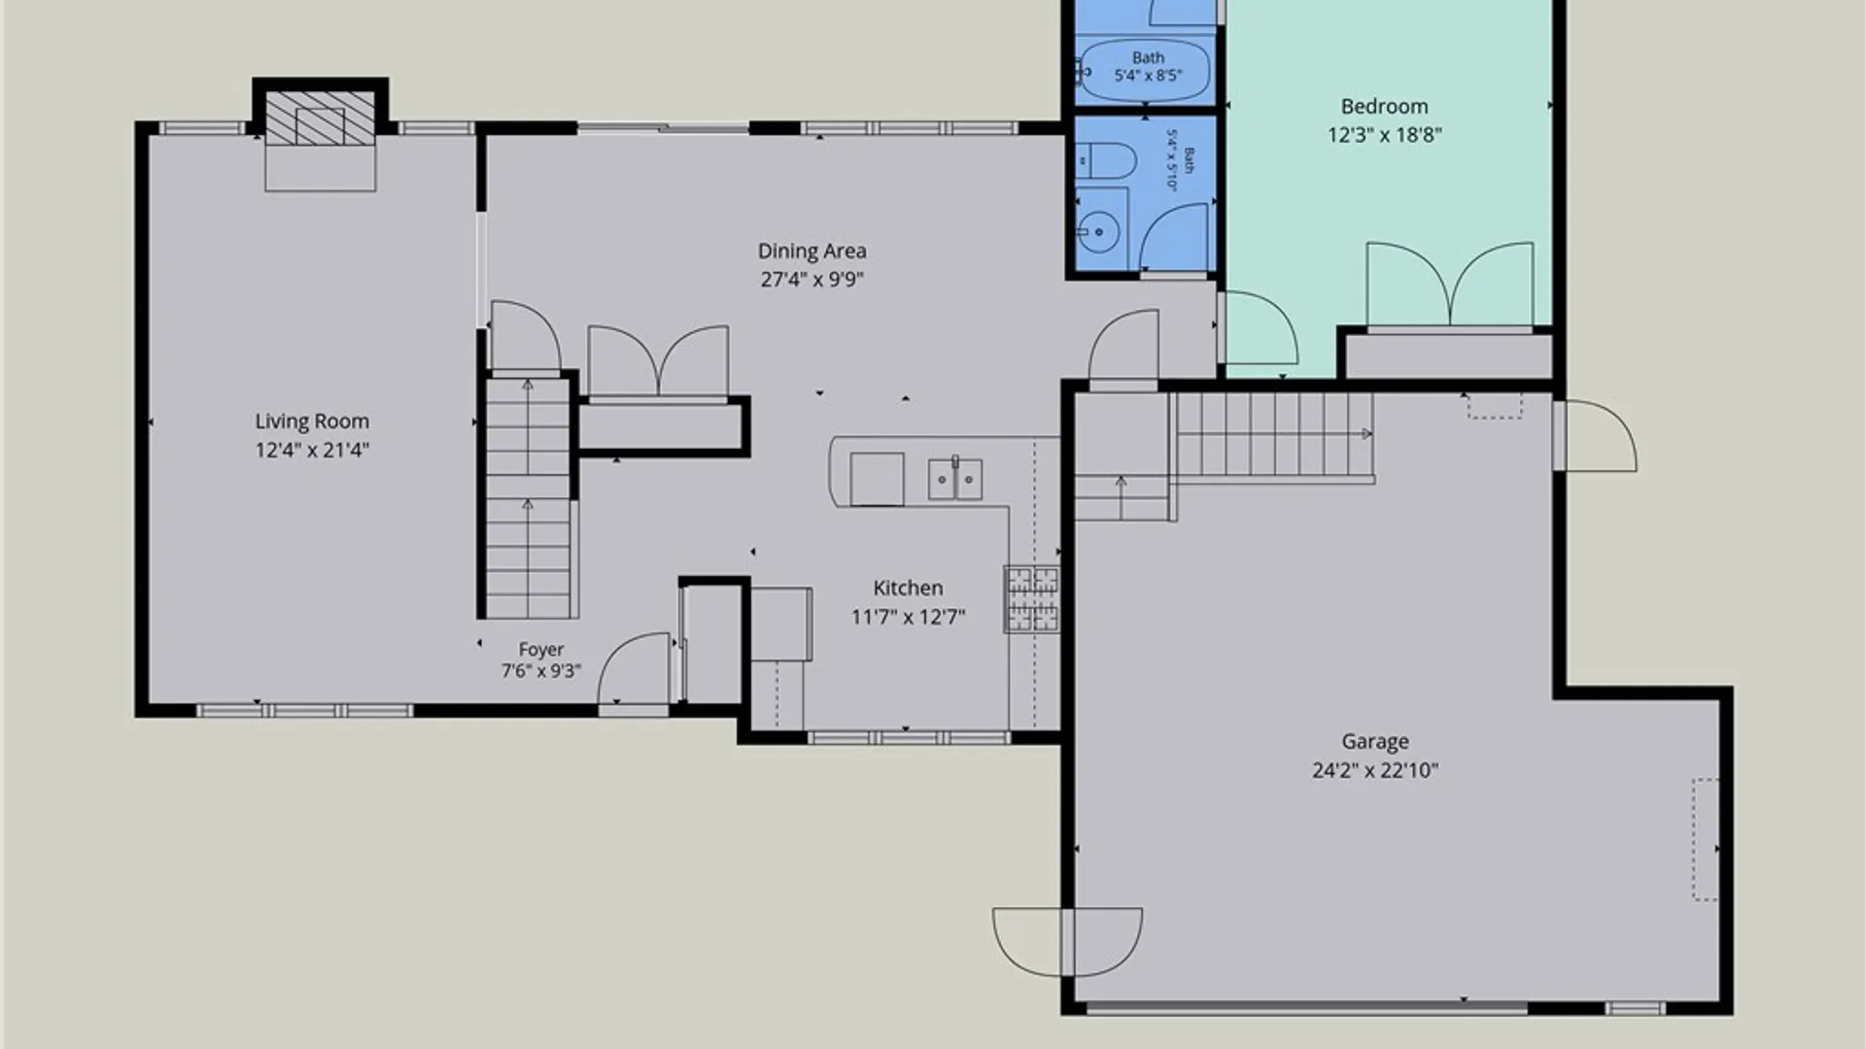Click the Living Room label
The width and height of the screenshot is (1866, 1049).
click(312, 422)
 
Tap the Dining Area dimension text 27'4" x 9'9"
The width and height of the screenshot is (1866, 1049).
click(812, 280)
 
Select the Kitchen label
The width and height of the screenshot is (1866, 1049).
click(908, 588)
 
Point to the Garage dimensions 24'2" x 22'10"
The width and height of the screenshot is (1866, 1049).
click(1375, 770)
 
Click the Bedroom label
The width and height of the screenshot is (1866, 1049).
click(1384, 107)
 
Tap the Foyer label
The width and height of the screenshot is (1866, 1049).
click(541, 650)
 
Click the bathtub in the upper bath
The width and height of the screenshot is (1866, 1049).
click(1145, 70)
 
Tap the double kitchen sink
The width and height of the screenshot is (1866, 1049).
click(955, 479)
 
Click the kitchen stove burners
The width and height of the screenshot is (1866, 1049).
click(1032, 599)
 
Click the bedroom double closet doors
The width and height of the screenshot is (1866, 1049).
click(1450, 284)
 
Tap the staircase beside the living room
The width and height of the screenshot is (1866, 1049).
click(528, 497)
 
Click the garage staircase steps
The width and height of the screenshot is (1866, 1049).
click(1273, 434)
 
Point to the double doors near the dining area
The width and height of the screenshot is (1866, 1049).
click(659, 360)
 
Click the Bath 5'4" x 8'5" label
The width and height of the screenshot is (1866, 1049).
click(1148, 67)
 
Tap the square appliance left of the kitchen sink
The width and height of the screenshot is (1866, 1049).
click(877, 479)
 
